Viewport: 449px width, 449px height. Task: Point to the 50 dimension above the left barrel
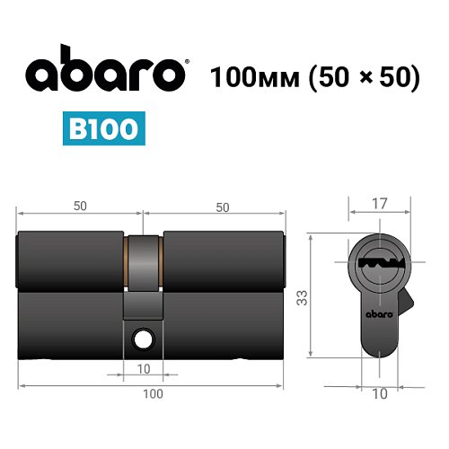point(81,206)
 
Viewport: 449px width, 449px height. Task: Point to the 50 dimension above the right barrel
point(222,207)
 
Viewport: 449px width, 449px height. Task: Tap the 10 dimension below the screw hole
point(144,369)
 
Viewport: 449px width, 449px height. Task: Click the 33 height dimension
point(302,295)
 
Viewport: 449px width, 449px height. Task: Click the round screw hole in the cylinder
point(144,339)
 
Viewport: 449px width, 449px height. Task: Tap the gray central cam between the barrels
point(144,269)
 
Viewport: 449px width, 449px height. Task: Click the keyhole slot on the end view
point(378,266)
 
